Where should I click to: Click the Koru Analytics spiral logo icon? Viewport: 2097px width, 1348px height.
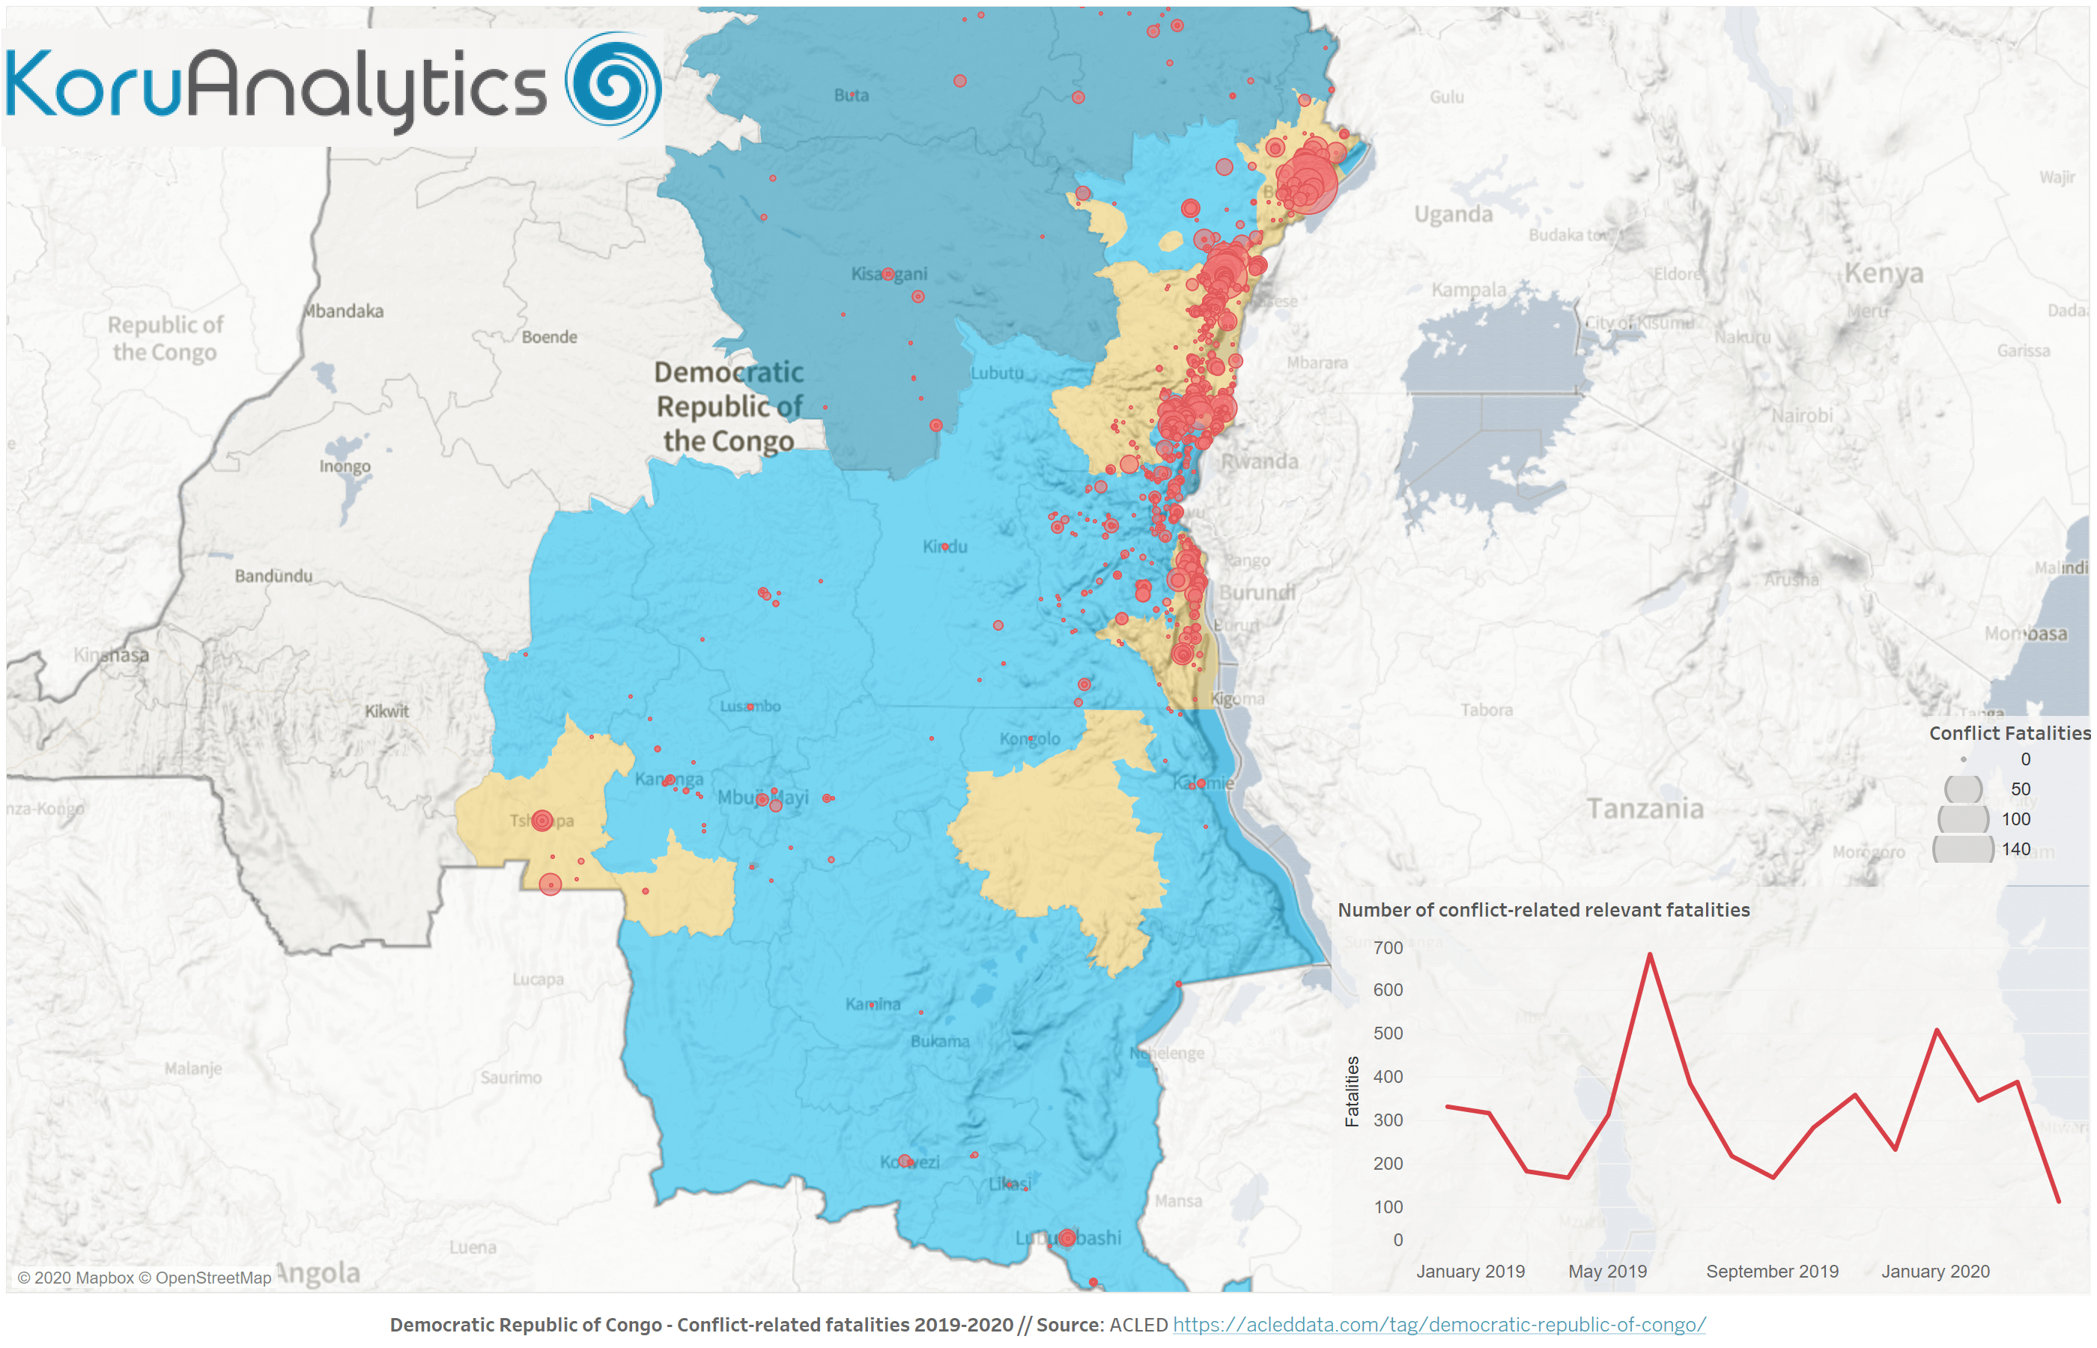tap(613, 85)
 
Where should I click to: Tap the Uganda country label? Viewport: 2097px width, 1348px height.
tap(1453, 214)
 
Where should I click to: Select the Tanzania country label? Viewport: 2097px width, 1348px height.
tap(1645, 809)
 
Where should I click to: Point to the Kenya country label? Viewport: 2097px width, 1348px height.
tap(1884, 273)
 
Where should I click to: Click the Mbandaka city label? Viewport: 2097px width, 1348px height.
tap(344, 312)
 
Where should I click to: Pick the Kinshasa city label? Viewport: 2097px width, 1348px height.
tap(111, 655)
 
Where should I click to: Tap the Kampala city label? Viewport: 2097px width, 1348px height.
tap(1469, 290)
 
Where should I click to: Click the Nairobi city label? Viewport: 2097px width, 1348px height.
tap(1801, 416)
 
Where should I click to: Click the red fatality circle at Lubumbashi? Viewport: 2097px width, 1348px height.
tap(1067, 1238)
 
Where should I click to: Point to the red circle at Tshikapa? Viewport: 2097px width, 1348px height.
tap(541, 820)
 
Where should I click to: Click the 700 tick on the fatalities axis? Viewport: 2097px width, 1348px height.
tap(1387, 948)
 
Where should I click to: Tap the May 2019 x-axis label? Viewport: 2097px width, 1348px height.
tap(1607, 1271)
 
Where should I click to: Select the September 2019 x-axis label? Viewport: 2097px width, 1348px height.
tap(1771, 1271)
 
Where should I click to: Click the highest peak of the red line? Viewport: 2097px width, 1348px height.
tap(1650, 955)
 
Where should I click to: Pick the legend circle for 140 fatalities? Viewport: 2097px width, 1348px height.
tap(1962, 849)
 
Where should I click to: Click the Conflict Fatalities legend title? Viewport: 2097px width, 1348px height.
tap(2009, 733)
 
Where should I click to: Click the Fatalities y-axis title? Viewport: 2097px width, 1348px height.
tap(1353, 1092)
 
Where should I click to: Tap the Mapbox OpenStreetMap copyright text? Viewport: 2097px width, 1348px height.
tap(145, 1278)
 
